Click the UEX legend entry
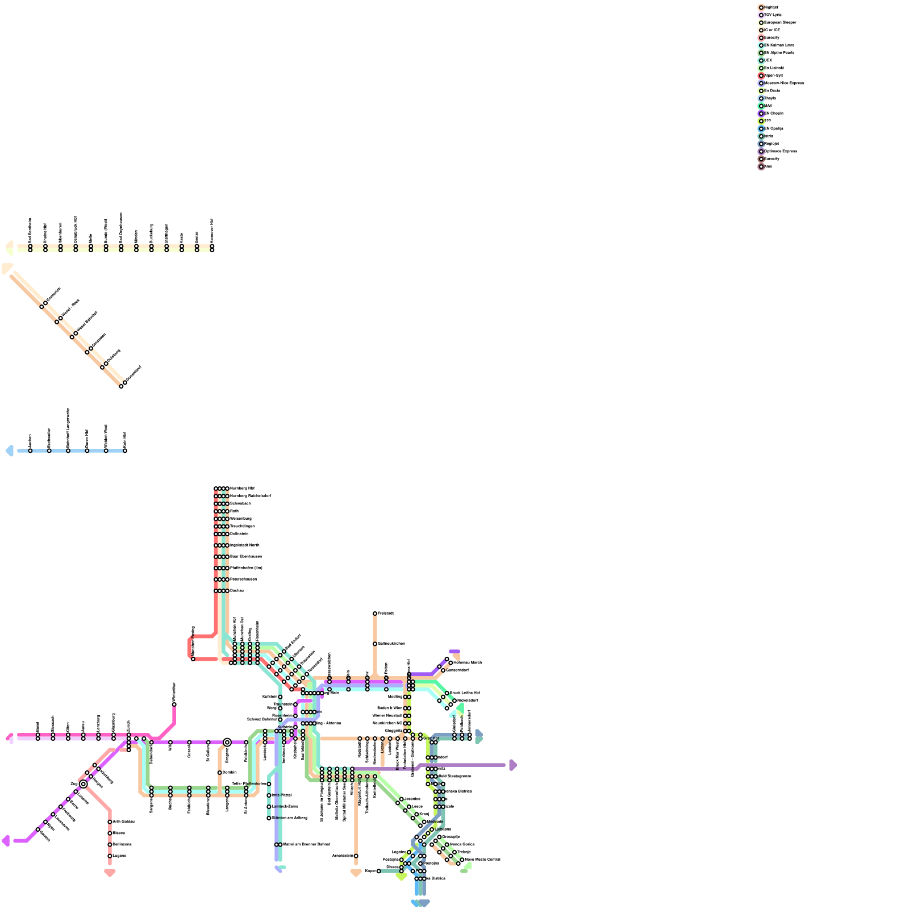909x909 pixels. click(768, 60)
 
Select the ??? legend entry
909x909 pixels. click(768, 121)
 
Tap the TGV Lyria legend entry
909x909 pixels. click(773, 15)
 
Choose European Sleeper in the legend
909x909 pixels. click(780, 23)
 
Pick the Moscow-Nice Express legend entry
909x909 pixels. click(784, 83)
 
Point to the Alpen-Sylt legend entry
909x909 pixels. click(773, 76)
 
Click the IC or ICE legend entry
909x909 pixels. click(772, 30)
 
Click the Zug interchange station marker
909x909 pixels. click(84, 784)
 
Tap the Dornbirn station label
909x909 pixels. click(230, 772)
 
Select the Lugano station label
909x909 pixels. click(119, 856)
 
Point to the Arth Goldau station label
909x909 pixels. click(123, 822)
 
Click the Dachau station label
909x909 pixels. click(237, 590)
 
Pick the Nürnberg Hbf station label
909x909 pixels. click(242, 488)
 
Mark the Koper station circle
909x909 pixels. click(379, 871)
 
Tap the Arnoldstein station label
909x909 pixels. click(343, 856)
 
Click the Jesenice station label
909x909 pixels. click(412, 799)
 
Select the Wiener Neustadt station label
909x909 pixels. click(387, 715)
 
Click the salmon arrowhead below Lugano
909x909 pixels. click(110, 873)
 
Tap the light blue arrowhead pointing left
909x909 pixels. click(9, 451)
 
